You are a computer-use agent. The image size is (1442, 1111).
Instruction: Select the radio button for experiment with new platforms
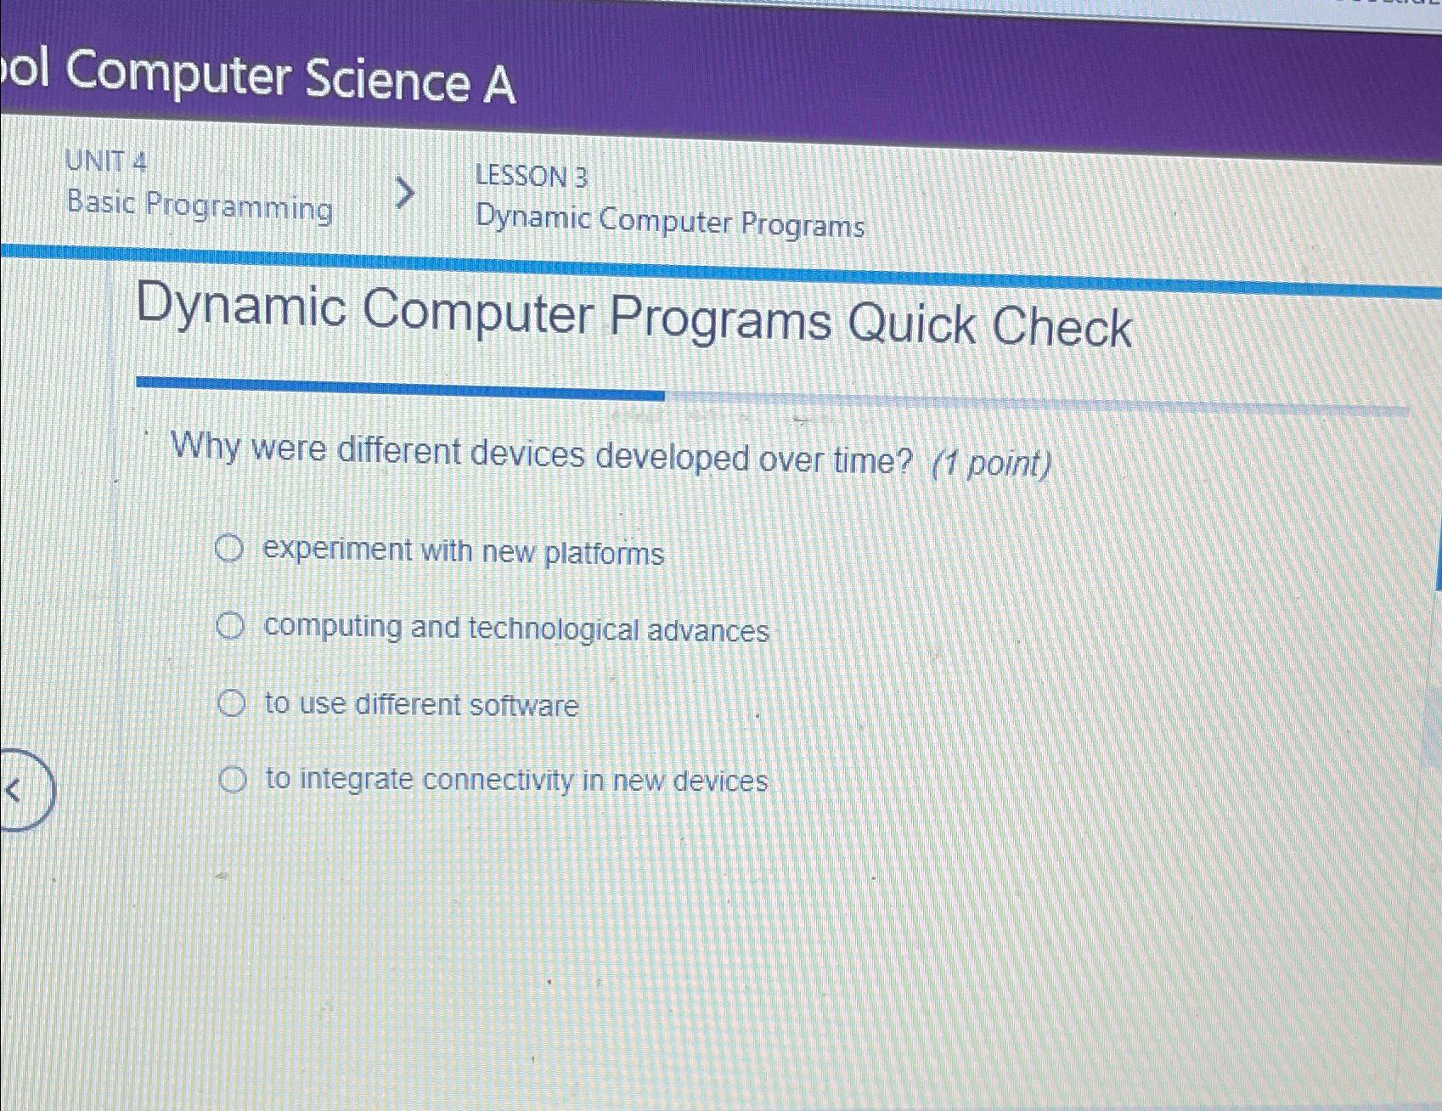coord(229,549)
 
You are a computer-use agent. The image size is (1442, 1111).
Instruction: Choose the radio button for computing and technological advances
coord(230,627)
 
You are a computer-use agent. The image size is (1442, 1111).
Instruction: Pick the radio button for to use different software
coord(231,703)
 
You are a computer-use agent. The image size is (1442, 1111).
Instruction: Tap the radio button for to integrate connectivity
coord(233,779)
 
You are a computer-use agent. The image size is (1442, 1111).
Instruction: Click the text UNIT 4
coord(106,161)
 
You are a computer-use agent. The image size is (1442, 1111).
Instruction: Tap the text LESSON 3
coord(531,177)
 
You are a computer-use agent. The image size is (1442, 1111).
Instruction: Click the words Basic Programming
coord(200,206)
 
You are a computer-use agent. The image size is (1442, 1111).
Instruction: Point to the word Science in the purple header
coord(387,79)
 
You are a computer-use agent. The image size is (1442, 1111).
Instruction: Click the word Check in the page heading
coord(1062,328)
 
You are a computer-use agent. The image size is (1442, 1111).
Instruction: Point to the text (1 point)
coord(991,464)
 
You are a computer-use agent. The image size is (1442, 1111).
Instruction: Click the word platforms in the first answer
coord(604,554)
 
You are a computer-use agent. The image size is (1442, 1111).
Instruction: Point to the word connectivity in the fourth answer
coord(498,780)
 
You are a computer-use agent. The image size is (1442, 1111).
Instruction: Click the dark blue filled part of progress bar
coord(399,388)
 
